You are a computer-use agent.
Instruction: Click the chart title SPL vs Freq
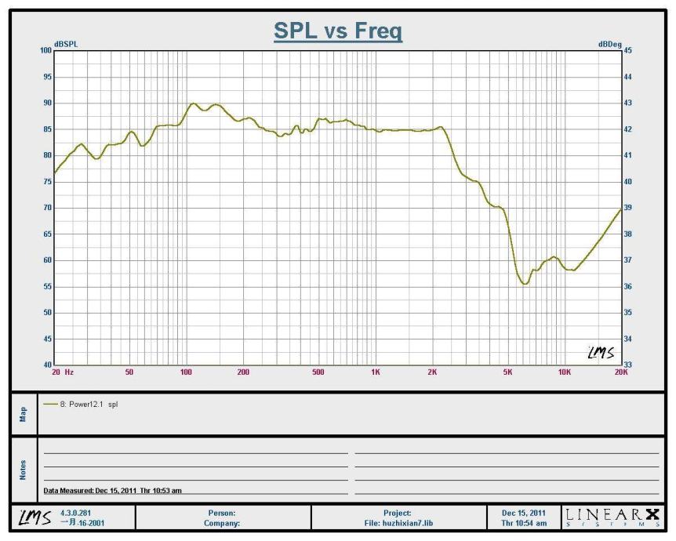337,31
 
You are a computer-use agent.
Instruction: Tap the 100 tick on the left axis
45,50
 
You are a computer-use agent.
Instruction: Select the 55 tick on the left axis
47,287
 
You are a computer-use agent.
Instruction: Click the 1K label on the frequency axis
375,372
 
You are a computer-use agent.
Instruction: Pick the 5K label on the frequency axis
507,372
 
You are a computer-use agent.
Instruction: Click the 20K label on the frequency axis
621,372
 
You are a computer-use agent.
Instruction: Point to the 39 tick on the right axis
627,208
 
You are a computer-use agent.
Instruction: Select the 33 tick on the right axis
627,365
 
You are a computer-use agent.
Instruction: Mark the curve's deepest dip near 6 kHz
525,283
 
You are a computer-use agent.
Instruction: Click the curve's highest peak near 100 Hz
193,103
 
